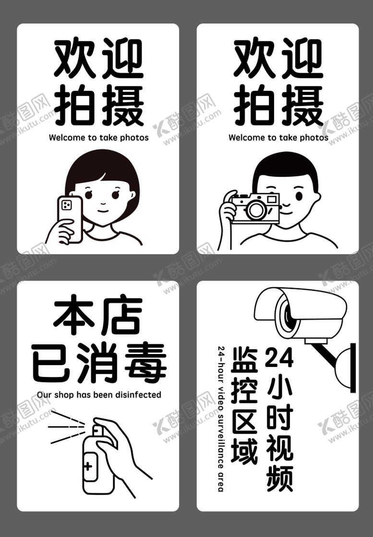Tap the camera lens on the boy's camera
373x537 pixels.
(x=256, y=209)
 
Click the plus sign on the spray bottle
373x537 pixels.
(x=88, y=466)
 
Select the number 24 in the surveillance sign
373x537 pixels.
(x=279, y=357)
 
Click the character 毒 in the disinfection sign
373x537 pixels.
(x=145, y=362)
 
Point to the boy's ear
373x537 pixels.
(x=316, y=197)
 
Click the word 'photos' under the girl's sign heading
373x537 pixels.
(x=134, y=138)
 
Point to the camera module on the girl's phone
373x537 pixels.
(x=66, y=205)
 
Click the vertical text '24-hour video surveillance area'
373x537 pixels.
(x=221, y=418)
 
